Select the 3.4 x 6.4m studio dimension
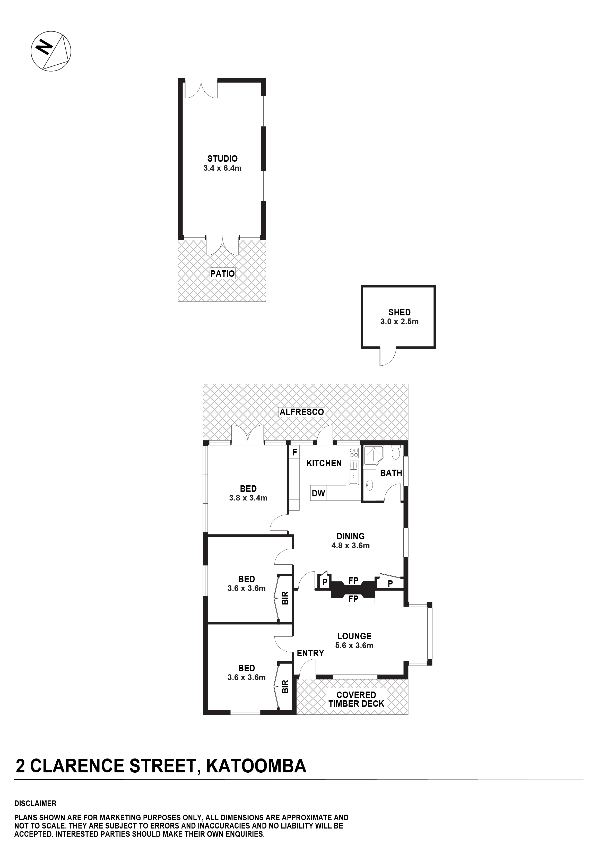point(222,168)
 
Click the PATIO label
point(222,274)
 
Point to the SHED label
point(400,313)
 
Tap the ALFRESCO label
point(302,412)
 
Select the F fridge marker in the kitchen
point(294,453)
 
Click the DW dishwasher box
point(318,493)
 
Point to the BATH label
point(391,473)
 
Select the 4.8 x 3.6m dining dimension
point(350,546)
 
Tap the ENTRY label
point(310,653)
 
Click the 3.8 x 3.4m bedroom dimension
point(248,498)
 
